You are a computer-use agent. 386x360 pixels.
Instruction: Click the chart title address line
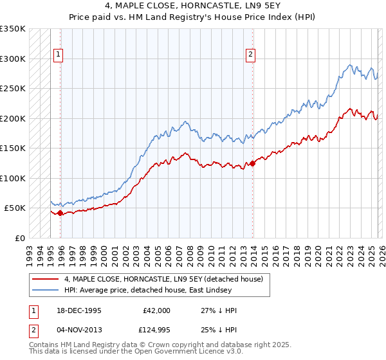[x=193, y=7]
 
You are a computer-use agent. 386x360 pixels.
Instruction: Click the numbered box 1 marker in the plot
[x=59, y=55]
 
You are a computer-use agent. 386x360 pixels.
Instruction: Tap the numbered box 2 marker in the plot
[x=250, y=55]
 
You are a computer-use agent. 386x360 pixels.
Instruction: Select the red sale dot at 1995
[x=60, y=213]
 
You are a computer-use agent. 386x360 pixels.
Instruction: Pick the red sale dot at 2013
[x=253, y=163]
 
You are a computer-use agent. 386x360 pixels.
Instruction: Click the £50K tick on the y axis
[x=15, y=208]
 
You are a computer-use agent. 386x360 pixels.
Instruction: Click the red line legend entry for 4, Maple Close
[x=163, y=280]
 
